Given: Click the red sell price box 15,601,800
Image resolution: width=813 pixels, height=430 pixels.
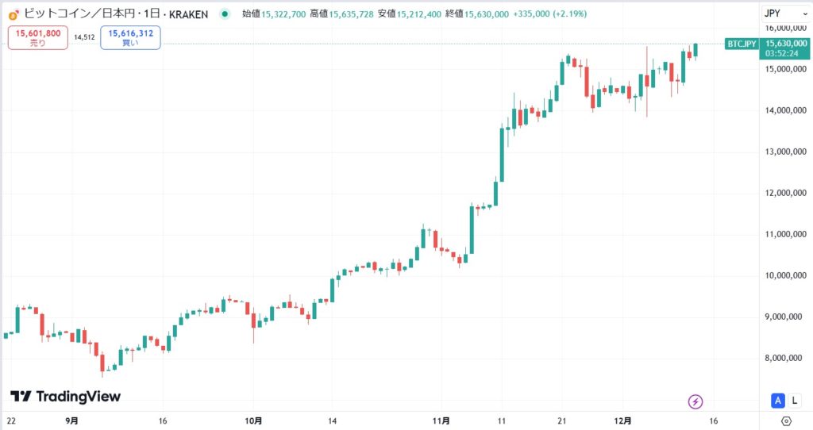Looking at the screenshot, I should [38, 36].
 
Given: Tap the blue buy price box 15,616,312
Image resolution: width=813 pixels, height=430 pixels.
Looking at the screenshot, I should [130, 36].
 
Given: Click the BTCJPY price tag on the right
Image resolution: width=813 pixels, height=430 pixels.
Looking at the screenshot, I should [742, 44].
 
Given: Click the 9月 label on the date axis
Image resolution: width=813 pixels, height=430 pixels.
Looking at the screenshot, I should [71, 420].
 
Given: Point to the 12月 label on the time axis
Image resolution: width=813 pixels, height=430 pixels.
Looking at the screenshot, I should [623, 420].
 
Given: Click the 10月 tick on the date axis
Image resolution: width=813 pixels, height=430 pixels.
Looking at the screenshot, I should [253, 420].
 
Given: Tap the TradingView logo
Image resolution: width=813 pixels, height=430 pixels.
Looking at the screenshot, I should [65, 396].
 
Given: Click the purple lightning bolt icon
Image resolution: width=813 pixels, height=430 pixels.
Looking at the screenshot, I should [696, 401].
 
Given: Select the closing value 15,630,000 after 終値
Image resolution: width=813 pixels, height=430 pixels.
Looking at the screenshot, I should [487, 13].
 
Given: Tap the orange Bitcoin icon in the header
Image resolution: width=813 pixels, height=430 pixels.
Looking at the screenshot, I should [13, 13].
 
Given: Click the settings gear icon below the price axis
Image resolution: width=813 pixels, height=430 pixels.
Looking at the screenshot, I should [786, 420].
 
